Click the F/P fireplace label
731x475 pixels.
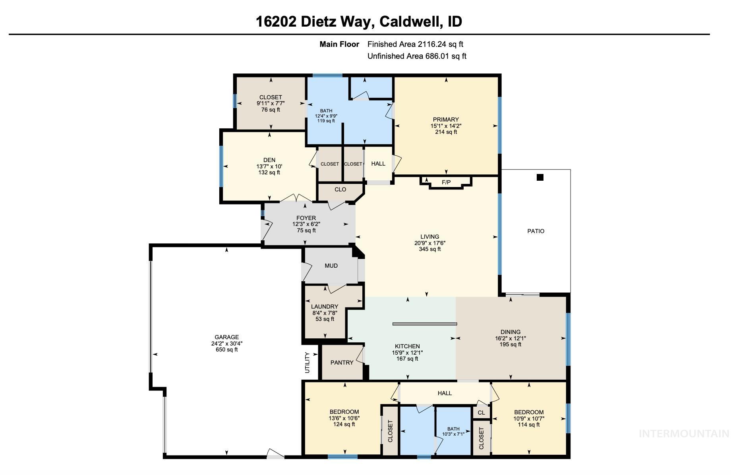coord(446,182)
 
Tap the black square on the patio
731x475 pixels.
coord(540,178)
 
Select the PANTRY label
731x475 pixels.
coord(342,363)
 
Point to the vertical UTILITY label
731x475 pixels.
coord(307,363)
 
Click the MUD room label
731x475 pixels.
coord(331,266)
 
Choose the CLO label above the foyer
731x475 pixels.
coord(340,189)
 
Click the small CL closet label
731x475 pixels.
coord(481,413)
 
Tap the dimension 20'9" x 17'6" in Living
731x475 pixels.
coord(430,243)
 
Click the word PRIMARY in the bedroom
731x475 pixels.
coord(446,120)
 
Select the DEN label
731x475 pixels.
coord(269,160)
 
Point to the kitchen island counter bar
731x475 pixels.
coord(424,324)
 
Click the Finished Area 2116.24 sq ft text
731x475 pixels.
coord(415,44)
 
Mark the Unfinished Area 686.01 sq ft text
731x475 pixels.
coord(417,56)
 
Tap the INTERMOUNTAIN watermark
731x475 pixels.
coord(684,434)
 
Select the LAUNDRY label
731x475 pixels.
coord(325,307)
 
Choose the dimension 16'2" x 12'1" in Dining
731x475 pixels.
coord(510,338)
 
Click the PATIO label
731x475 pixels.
coord(536,231)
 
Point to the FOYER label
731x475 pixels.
coord(306,218)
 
